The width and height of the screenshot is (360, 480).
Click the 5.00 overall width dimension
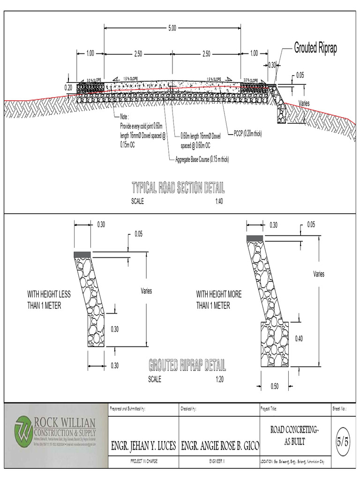172,29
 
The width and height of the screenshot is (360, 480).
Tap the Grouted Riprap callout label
315,48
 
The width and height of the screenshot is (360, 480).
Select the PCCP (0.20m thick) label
247,134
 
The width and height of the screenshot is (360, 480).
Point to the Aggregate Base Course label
202,159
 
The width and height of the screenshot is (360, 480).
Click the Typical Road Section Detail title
178,188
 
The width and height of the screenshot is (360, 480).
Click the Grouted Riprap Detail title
187,365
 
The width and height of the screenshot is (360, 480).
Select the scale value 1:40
219,202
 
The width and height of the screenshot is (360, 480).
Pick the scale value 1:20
219,379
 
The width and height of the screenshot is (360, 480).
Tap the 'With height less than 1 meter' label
49,300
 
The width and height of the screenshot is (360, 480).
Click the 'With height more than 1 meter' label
219,300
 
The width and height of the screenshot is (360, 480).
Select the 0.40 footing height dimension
299,338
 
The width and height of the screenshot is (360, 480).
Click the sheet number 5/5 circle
343,442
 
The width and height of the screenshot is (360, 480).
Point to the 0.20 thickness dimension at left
68,87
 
